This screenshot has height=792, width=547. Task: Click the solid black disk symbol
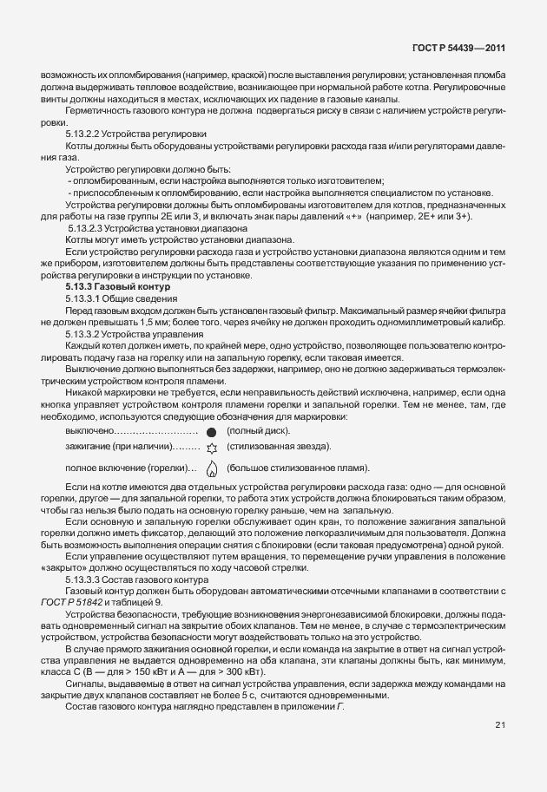point(210,431)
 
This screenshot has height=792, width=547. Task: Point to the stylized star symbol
point(210,447)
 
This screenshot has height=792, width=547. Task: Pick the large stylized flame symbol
point(210,468)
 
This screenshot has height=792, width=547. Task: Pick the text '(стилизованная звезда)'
point(279,447)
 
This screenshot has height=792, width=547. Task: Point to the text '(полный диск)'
point(259,431)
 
